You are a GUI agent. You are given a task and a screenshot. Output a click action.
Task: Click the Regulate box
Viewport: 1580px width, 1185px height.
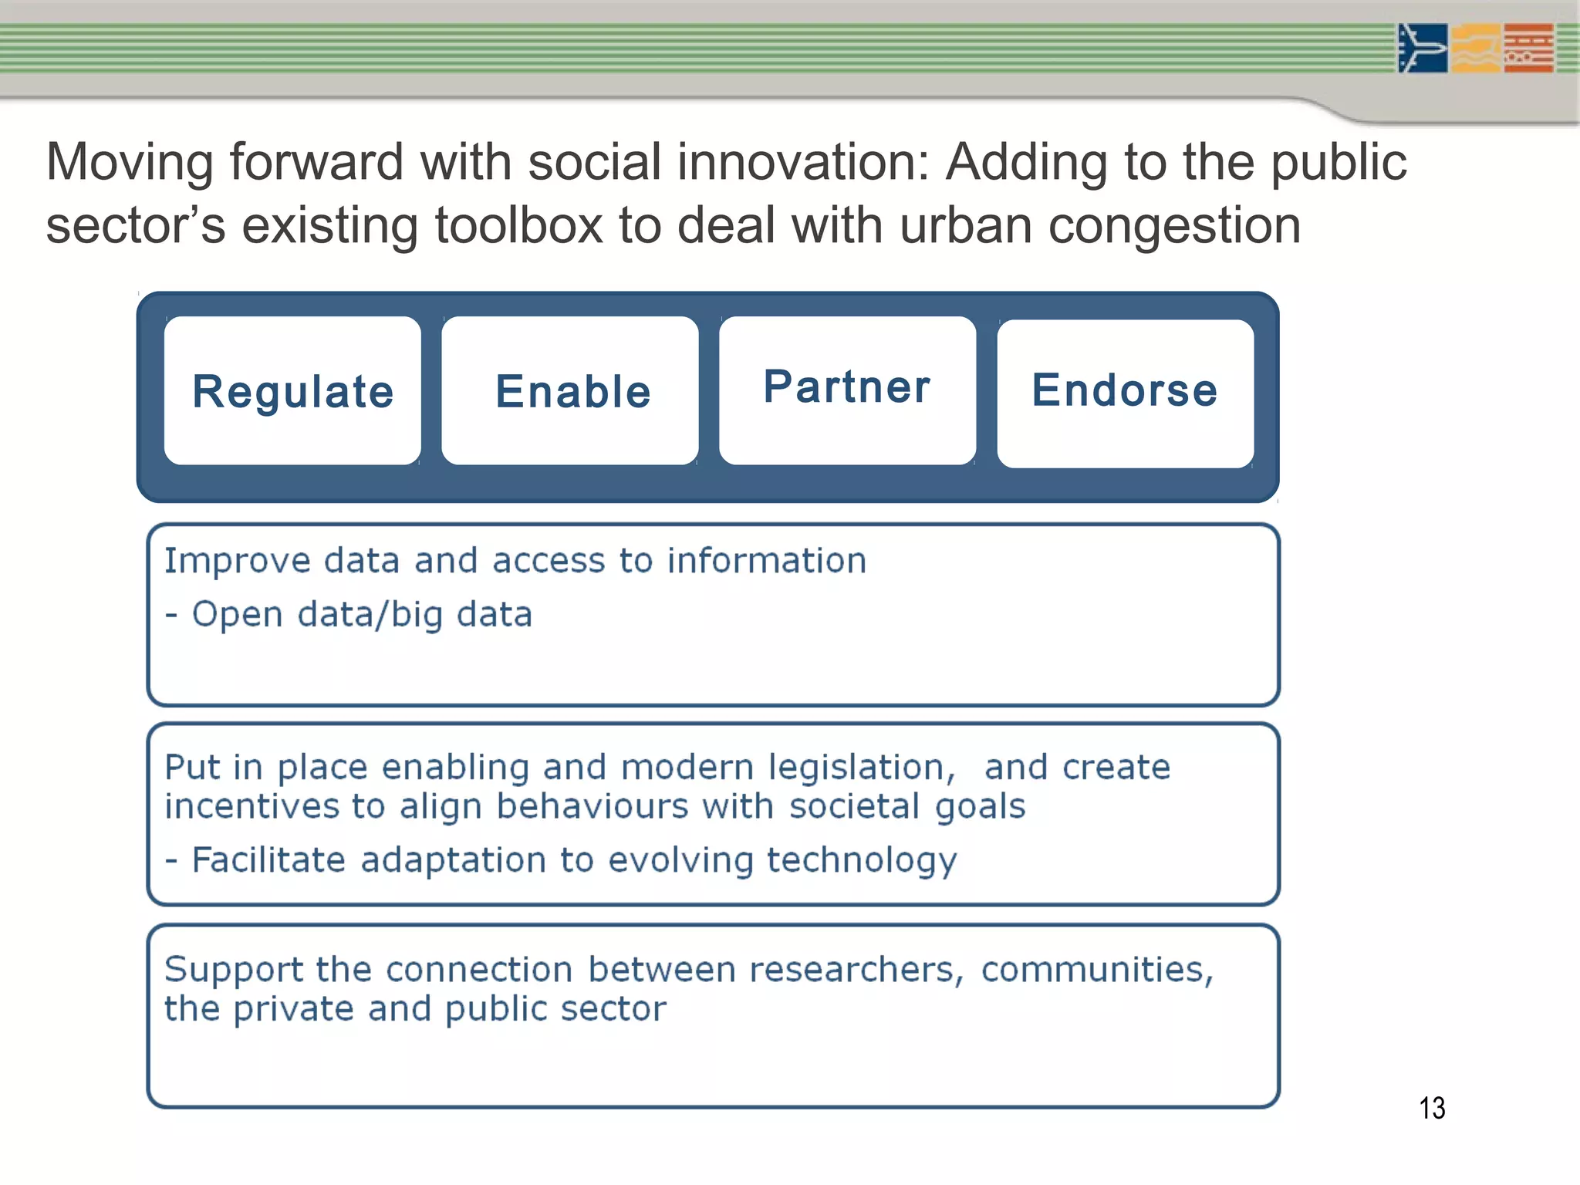(292, 390)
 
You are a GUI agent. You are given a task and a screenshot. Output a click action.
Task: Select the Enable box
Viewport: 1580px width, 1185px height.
(570, 390)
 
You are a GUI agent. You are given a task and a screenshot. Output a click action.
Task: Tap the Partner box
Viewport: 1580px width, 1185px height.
(847, 389)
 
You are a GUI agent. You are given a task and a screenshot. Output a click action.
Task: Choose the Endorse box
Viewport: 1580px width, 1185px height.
(1125, 392)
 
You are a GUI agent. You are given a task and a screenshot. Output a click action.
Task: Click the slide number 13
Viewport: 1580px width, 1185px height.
(1432, 1108)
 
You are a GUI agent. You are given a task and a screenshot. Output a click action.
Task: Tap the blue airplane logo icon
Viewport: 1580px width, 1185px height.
(1422, 48)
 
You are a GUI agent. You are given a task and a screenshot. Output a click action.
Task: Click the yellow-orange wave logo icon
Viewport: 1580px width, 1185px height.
(1475, 48)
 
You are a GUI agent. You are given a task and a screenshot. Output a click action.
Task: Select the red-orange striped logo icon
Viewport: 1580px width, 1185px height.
(1528, 48)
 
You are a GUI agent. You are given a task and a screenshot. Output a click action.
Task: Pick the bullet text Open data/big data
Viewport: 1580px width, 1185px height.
(361, 615)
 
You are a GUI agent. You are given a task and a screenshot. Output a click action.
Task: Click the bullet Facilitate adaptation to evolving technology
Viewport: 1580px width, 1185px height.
(574, 860)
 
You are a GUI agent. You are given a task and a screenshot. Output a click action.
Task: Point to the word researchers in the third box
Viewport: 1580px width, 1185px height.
(852, 970)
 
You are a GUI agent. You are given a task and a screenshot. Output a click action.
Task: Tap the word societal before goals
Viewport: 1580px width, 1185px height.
(854, 807)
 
